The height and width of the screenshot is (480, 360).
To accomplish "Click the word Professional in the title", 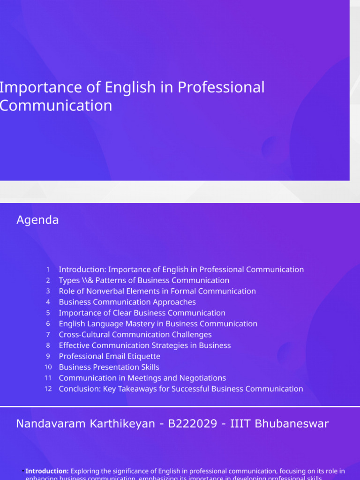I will coord(230,88).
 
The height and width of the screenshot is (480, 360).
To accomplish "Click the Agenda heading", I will coord(37,220).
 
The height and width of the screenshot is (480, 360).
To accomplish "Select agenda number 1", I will coord(48,270).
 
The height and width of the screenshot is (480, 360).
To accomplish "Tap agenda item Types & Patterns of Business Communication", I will coord(144,280).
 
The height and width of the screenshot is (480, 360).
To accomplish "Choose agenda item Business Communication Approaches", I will coord(127,302).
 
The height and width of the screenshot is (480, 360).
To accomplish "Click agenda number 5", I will coord(48,313).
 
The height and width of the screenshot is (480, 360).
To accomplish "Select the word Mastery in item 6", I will coord(141,323).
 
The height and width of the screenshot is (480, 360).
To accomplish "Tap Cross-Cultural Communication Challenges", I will coord(135,334).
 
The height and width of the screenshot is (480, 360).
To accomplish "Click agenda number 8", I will coord(48,345).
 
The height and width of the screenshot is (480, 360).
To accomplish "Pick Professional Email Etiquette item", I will coord(109,356).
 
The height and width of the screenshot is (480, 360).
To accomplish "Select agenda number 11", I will coord(48,378).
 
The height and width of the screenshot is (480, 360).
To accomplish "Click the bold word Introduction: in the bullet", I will coord(47,471).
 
